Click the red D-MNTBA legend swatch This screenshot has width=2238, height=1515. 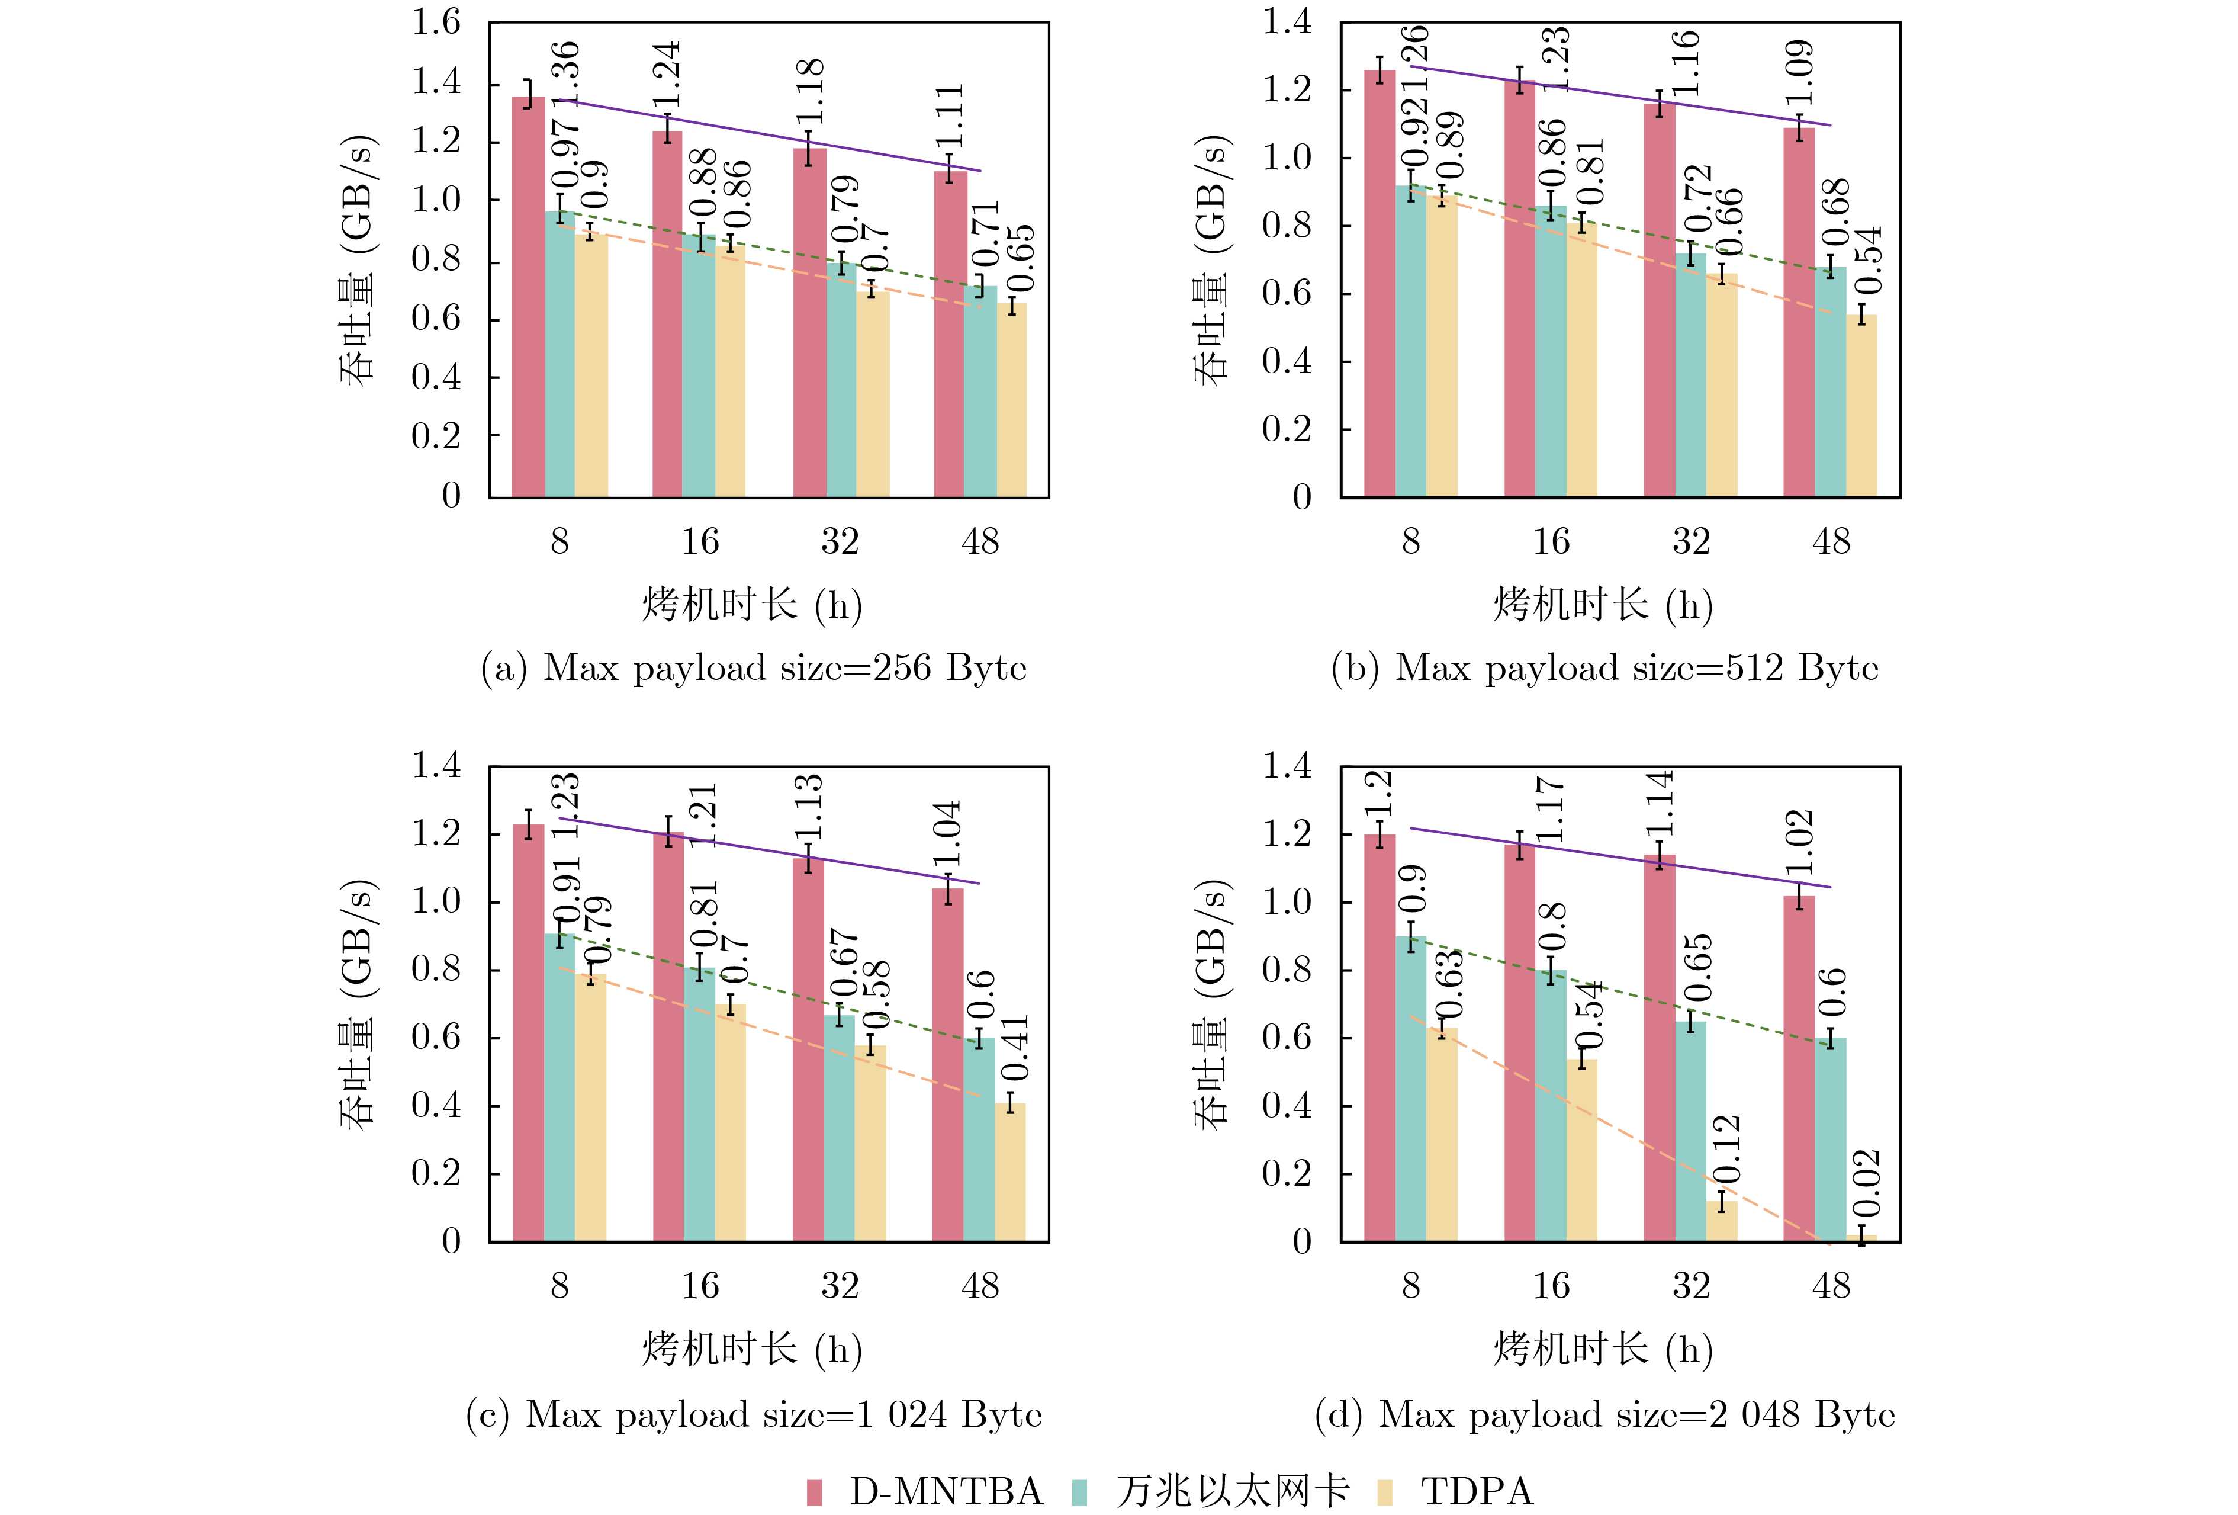[813, 1492]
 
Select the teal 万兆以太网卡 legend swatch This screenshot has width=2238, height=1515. [1079, 1492]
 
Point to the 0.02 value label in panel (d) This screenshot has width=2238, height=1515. [1866, 1183]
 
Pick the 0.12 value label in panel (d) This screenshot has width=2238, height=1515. [1726, 1149]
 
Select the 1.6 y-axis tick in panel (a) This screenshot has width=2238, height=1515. [436, 22]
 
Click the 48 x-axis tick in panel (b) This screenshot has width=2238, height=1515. [1831, 541]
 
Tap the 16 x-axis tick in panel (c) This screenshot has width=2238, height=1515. [700, 1286]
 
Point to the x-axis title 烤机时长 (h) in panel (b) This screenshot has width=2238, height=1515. [1603, 605]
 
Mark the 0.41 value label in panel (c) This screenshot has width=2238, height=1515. [1015, 1047]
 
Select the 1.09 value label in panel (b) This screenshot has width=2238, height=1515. [1799, 72]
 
